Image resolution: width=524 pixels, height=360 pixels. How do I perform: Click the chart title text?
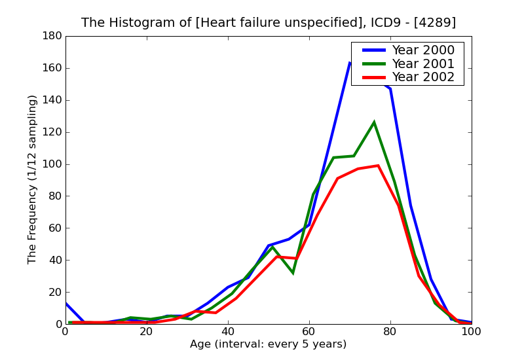(x=269, y=23)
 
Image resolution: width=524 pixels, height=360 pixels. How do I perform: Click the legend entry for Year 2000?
(x=422, y=50)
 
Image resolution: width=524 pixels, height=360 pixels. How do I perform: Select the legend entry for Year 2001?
(x=422, y=63)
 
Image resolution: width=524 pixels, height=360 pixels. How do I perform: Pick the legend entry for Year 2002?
(x=422, y=77)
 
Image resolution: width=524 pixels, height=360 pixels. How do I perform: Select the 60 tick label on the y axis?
(x=52, y=228)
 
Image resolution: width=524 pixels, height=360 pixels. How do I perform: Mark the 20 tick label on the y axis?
(x=52, y=293)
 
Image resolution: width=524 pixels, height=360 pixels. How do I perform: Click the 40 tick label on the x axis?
(x=228, y=332)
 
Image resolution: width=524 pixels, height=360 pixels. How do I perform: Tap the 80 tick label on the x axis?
(x=390, y=332)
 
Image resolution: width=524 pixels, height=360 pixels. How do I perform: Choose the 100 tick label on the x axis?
(x=472, y=332)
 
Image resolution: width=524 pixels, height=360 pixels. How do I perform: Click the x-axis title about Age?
(x=269, y=344)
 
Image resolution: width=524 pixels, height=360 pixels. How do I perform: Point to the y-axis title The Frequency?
(x=33, y=179)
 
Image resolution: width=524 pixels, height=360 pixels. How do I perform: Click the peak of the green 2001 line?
(x=374, y=122)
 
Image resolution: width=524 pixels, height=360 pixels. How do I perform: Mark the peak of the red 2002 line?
(x=379, y=166)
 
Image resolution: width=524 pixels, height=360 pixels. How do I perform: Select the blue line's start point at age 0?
(x=66, y=303)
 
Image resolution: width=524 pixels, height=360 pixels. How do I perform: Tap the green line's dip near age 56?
(x=293, y=273)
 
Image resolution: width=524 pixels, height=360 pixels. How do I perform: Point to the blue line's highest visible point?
(x=350, y=63)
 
